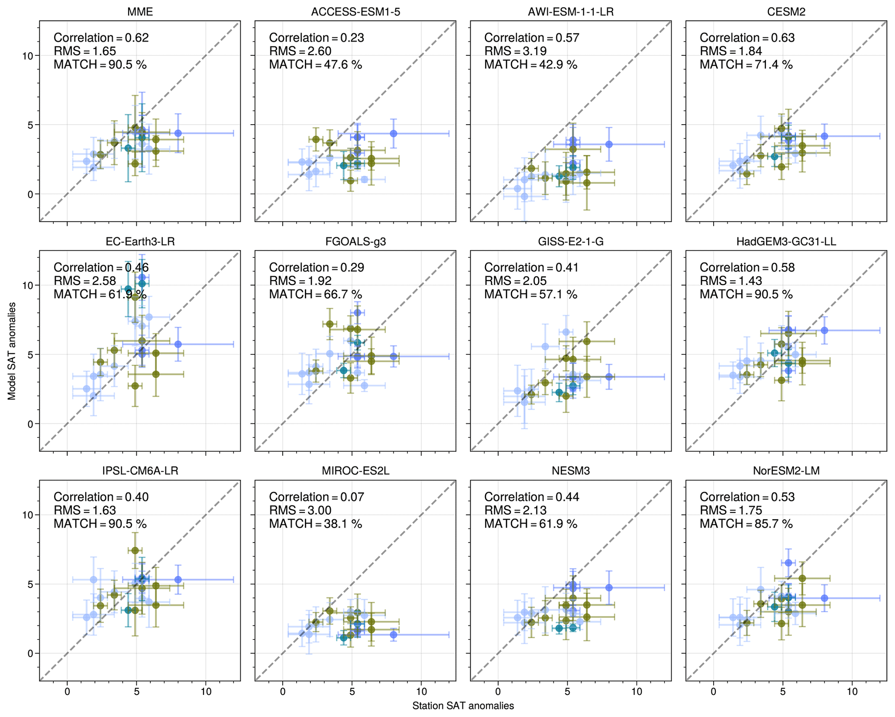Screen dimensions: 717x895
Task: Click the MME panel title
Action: point(140,12)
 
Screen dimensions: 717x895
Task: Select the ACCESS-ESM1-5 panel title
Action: point(355,12)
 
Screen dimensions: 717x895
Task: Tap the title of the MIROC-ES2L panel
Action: point(355,471)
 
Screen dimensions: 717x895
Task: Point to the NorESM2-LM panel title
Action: point(786,471)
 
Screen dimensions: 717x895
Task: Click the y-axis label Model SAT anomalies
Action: point(12,351)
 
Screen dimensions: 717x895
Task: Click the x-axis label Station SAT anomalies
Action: point(463,706)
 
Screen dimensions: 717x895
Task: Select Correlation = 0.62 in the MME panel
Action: point(101,38)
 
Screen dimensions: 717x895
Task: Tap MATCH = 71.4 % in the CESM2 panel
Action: point(746,64)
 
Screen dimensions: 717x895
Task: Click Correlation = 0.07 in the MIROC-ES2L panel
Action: point(317,497)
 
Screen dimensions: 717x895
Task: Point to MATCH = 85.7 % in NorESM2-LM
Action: point(746,524)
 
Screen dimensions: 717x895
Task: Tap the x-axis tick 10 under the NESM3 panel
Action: point(637,691)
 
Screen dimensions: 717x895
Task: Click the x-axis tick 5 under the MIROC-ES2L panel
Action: point(352,691)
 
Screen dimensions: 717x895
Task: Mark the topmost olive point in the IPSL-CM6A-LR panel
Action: point(135,550)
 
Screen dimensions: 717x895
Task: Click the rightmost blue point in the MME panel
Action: point(178,133)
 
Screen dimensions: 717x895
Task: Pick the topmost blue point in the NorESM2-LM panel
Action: point(788,563)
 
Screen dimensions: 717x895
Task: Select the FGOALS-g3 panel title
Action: point(355,241)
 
